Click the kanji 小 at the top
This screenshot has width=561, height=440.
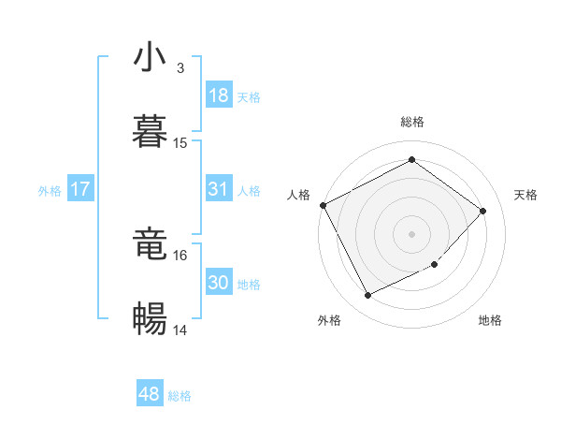tap(151, 57)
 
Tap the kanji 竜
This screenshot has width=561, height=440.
tap(151, 244)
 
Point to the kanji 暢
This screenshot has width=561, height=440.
tap(151, 319)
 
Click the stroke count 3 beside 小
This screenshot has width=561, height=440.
tap(180, 68)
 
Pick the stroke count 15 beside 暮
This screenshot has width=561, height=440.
tap(180, 143)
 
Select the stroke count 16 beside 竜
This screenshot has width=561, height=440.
tap(180, 255)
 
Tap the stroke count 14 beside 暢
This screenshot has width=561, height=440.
tap(180, 330)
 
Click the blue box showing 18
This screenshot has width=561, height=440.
tap(219, 95)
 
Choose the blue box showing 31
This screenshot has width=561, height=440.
tap(219, 190)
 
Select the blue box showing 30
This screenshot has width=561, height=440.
tap(219, 284)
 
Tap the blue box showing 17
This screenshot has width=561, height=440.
tap(80, 190)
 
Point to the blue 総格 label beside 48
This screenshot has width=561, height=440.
tap(180, 396)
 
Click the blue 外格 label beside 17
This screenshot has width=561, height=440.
tap(50, 191)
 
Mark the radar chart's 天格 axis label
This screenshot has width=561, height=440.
tap(525, 195)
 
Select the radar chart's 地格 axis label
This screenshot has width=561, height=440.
tap(490, 321)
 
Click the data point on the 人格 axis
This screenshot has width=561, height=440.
tap(323, 205)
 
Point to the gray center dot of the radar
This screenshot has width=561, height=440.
tap(412, 233)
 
